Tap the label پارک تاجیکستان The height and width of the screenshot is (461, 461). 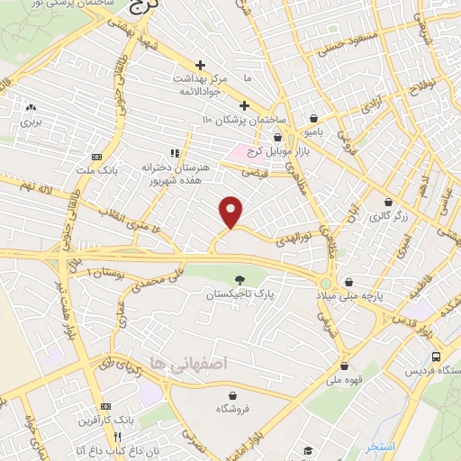click(x=238, y=294)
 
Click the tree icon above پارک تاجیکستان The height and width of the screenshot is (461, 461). click(x=239, y=281)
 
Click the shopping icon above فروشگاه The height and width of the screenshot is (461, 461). click(x=233, y=394)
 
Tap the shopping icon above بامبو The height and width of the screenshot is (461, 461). click(x=313, y=118)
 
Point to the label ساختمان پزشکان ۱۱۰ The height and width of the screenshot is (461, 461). click(x=244, y=120)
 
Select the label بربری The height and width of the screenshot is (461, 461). click(x=32, y=120)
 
